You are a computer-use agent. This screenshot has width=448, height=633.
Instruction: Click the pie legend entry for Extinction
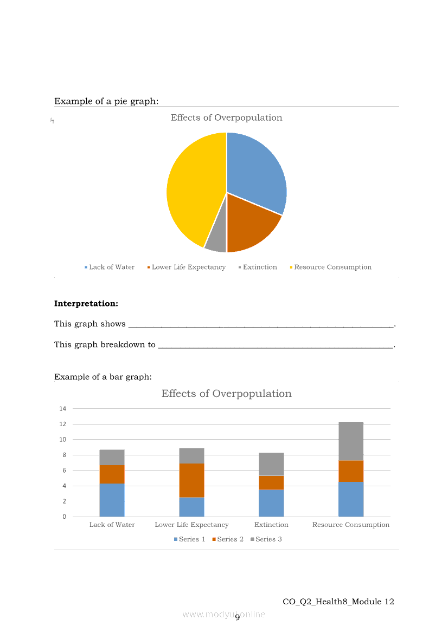point(259,267)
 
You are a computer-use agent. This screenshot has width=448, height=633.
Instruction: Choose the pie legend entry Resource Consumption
point(332,267)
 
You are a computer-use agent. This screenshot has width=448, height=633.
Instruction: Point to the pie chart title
point(226,118)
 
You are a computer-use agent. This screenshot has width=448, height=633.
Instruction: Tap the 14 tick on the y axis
point(63,408)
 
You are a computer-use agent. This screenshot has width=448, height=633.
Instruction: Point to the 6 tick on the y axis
point(64,470)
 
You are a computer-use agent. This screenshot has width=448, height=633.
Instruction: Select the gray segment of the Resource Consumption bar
point(351,441)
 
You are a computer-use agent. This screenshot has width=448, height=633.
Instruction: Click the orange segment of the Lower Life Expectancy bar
point(191,480)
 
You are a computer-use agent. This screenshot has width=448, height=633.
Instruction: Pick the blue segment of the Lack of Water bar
point(112,500)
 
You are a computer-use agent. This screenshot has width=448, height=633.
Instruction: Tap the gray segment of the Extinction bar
point(271,464)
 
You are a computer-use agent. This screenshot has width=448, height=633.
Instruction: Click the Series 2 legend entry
point(231,539)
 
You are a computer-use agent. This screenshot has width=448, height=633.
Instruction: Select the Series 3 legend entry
point(268,539)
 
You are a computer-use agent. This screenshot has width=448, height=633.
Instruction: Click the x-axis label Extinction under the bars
point(271,524)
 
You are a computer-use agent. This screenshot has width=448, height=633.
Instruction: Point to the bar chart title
point(226,394)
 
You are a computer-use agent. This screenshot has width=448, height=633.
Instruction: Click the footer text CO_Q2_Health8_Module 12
point(338,602)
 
